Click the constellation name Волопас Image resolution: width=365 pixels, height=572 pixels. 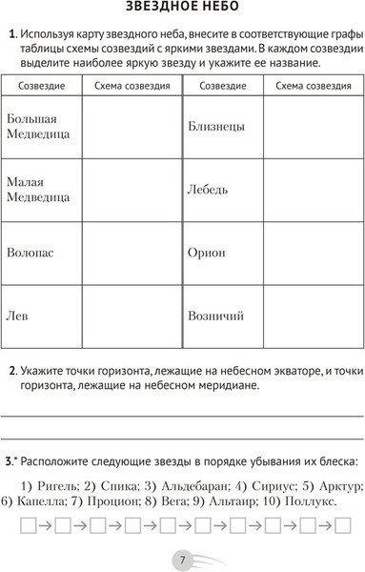pyautogui.click(x=30, y=254)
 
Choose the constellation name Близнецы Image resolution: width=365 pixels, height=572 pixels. pyautogui.click(x=216, y=126)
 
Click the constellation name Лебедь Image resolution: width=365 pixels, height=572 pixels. pyautogui.click(x=209, y=190)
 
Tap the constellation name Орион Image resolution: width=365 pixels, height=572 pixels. pyautogui.click(x=207, y=253)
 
